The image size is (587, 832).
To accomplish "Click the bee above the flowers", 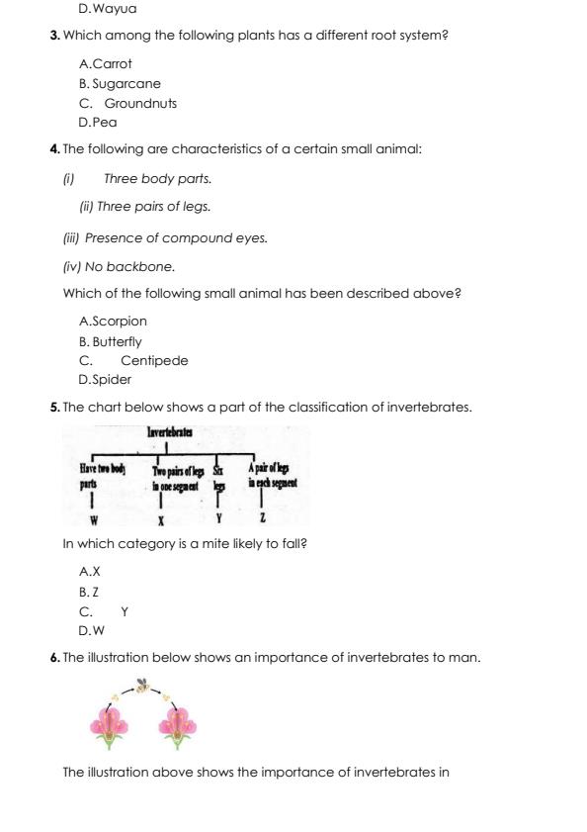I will (143, 685).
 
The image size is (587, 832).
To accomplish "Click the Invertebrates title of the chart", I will (169, 432).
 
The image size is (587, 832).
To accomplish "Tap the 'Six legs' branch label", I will (219, 478).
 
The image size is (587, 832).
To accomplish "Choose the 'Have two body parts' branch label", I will (102, 478).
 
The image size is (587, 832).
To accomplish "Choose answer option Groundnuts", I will (140, 103).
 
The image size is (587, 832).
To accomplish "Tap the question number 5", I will (54, 407).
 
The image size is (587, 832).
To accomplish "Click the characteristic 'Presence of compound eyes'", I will (175, 237).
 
